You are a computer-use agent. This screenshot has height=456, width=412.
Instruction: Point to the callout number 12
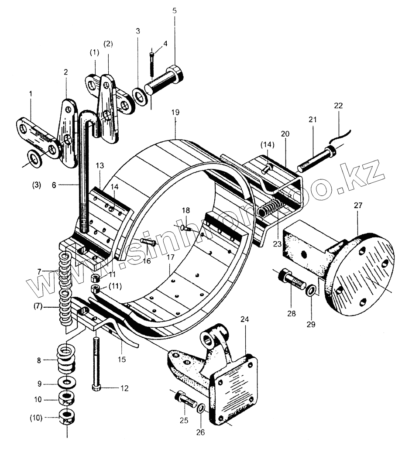click(x=125, y=387)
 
